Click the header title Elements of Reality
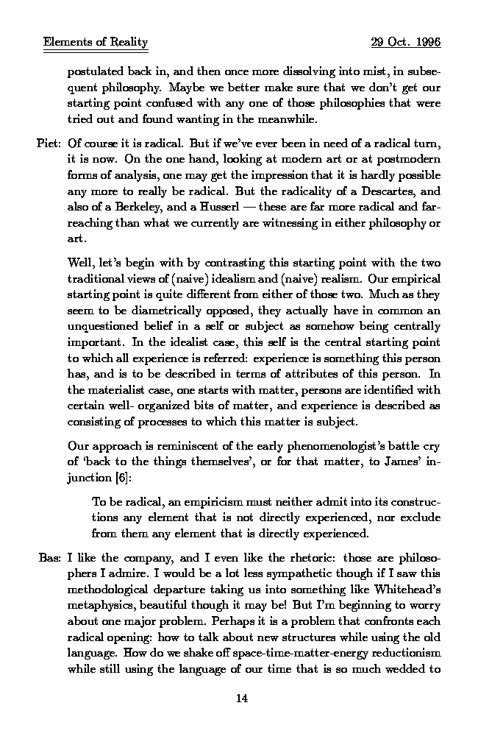96,42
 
